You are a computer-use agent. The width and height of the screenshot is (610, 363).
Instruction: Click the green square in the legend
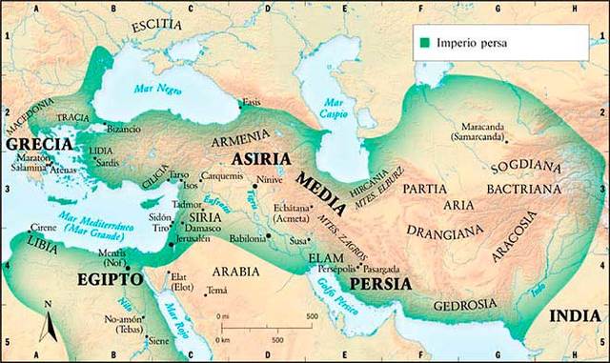[422, 42]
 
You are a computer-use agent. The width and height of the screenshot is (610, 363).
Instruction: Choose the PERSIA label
[380, 284]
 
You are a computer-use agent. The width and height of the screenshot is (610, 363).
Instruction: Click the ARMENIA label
[249, 136]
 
